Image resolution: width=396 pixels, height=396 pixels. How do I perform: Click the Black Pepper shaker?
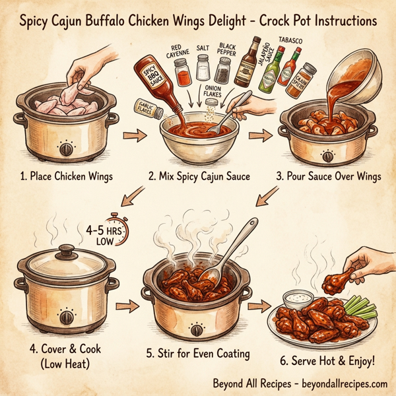pyautogui.click(x=224, y=69)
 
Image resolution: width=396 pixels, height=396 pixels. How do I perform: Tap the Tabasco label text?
pyautogui.click(x=290, y=41)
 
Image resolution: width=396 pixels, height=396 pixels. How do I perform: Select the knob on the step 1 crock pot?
pyautogui.click(x=67, y=150)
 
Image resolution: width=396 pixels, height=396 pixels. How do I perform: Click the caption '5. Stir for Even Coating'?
pyautogui.click(x=198, y=354)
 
